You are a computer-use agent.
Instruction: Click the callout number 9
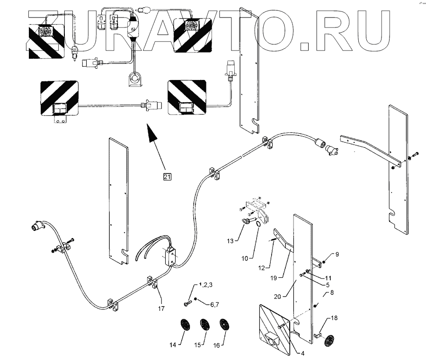[337, 254]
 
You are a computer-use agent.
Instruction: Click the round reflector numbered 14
[184, 325]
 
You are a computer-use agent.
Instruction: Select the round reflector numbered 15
[204, 325]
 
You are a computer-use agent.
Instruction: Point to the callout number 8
[332, 293]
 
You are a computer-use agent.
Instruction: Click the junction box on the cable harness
[170, 256]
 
